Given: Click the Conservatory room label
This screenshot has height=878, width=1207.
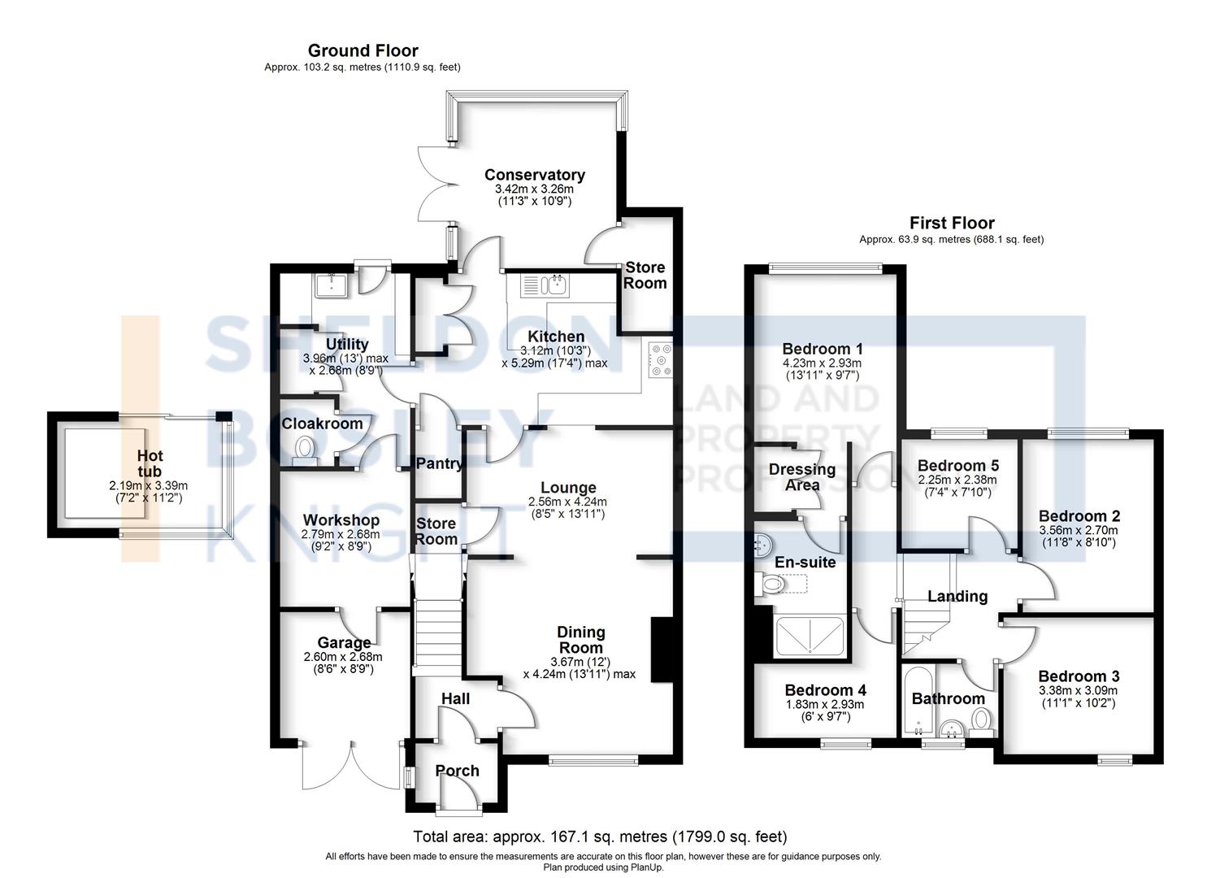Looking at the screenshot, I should pos(534,175).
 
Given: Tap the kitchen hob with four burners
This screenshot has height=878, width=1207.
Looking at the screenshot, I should pos(660,360).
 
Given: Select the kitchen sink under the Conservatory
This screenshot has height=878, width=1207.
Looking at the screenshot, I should pos(547,285).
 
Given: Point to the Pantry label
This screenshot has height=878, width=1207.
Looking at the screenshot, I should pos(439,464).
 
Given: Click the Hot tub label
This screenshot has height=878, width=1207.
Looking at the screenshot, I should pos(150,463).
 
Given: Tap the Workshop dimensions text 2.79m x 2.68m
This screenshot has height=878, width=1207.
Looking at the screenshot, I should pos(341,534).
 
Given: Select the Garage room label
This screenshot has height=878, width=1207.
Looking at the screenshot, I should pos(344,643).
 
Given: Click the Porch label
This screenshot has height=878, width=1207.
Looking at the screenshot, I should pos(457,771).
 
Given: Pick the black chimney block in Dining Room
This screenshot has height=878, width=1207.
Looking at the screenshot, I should pos(662,648).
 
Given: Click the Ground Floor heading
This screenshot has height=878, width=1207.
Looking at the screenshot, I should pos(363,51).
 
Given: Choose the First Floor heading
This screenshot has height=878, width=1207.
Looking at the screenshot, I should pos(951,223).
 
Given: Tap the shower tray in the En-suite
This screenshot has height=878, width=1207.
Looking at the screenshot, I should pos(810,636).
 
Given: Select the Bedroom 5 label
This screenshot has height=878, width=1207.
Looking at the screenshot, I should pos(957,466).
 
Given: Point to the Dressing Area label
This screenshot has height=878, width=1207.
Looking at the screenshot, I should pos(801,477).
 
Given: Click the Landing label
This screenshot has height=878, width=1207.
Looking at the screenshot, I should pos(957,597).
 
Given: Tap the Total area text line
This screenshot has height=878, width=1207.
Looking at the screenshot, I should pos(600,837).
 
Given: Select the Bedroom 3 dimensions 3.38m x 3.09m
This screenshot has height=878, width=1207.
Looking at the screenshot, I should pos(1078,691).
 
